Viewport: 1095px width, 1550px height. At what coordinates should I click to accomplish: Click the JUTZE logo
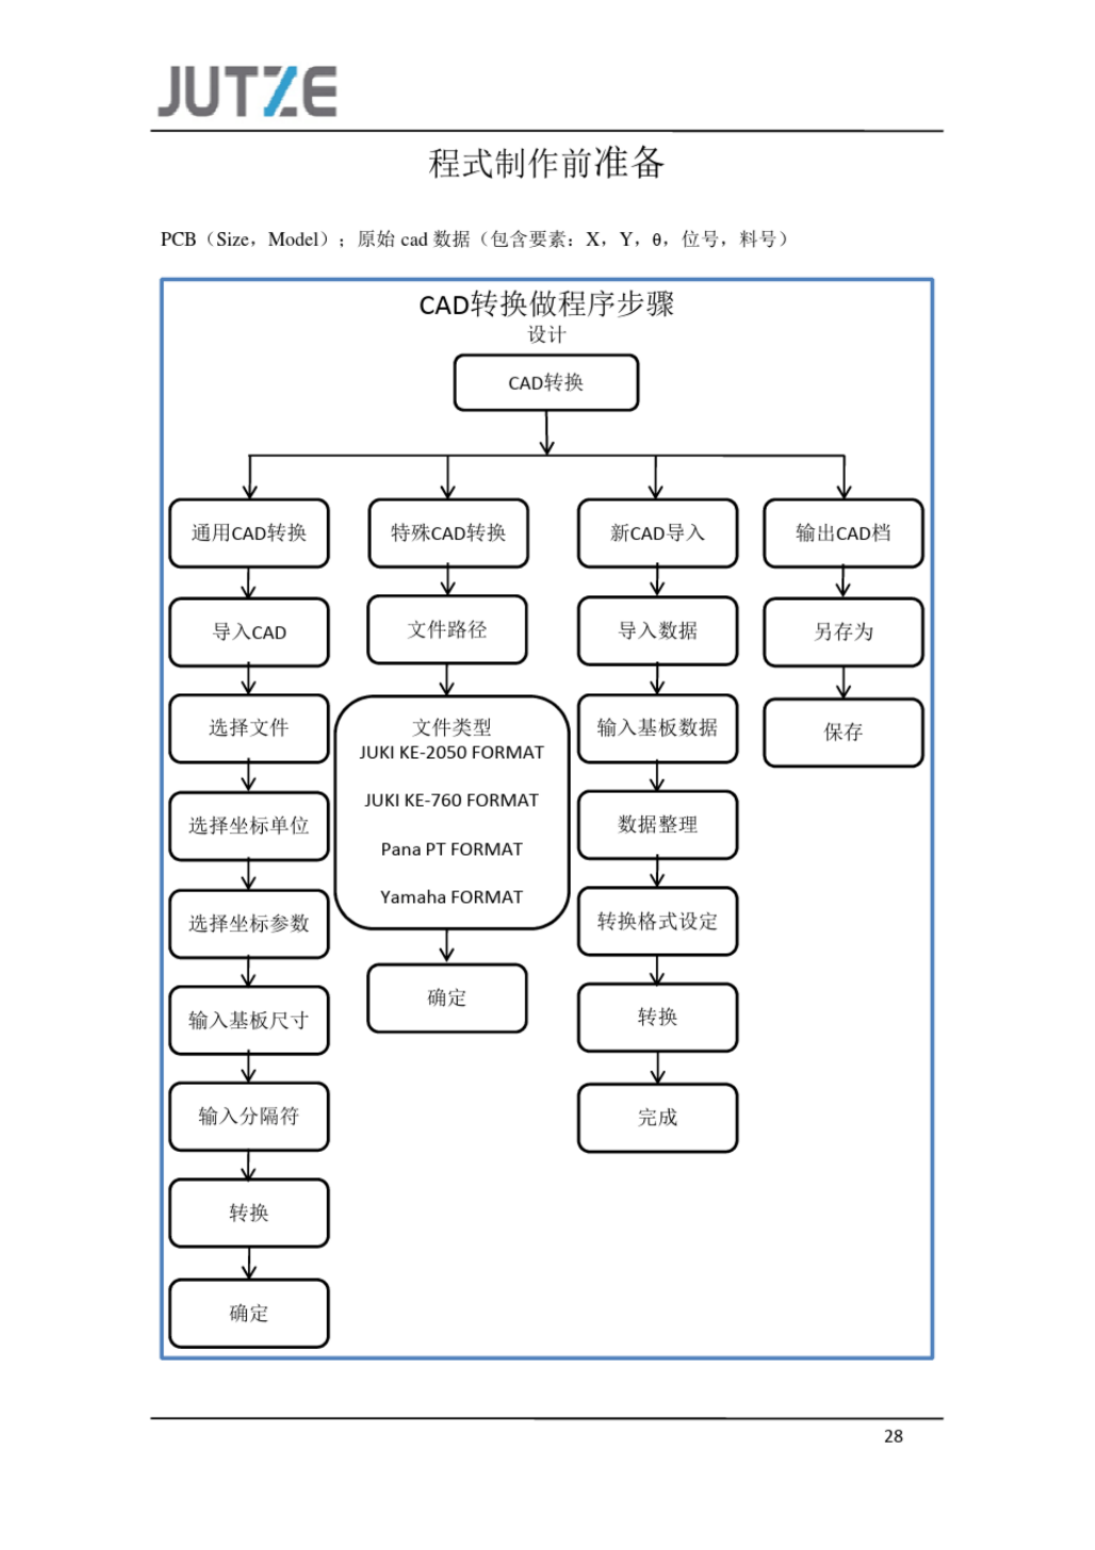[247, 91]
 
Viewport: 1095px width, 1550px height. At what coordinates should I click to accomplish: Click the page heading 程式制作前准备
[546, 163]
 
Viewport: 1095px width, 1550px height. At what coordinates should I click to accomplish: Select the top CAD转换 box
[546, 383]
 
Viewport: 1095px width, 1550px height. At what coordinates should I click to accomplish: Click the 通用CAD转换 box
[249, 533]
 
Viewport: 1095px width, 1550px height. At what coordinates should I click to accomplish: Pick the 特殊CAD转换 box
[448, 533]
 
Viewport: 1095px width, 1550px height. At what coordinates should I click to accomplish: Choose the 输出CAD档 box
[843, 533]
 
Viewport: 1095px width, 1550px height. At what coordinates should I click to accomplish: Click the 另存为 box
[843, 632]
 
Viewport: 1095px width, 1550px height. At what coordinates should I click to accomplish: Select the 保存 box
[843, 732]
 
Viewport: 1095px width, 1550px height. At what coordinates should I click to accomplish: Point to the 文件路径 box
[447, 630]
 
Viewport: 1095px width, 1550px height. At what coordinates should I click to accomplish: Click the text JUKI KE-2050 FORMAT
[452, 753]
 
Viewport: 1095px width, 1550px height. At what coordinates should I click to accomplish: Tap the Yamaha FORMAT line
[452, 897]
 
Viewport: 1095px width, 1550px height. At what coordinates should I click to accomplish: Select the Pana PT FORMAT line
[452, 849]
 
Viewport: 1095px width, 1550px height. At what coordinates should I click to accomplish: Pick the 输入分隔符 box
[249, 1116]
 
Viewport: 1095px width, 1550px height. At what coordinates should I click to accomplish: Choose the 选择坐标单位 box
[249, 825]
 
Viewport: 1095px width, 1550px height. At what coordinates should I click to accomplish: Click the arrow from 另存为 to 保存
[843, 682]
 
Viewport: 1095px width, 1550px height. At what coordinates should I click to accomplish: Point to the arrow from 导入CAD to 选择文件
[249, 680]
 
